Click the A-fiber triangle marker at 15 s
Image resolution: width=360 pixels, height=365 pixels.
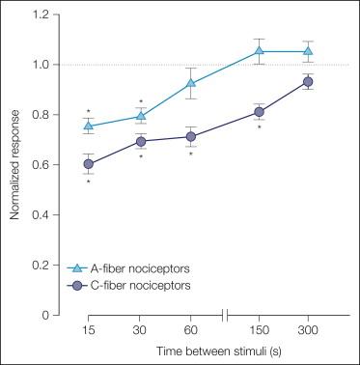click(x=90, y=126)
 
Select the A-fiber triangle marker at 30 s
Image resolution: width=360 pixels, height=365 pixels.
click(x=141, y=116)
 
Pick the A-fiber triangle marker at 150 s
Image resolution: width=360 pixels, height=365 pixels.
click(x=259, y=51)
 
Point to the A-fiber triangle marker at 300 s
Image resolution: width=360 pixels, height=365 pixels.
click(x=309, y=51)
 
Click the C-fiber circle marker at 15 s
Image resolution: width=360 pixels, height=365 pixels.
click(x=90, y=164)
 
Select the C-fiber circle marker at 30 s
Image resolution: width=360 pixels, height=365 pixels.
click(x=141, y=142)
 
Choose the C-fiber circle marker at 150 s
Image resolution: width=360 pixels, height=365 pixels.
click(x=259, y=112)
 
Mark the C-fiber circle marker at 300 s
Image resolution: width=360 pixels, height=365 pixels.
click(x=309, y=82)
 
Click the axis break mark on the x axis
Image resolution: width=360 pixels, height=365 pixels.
click(x=226, y=315)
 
